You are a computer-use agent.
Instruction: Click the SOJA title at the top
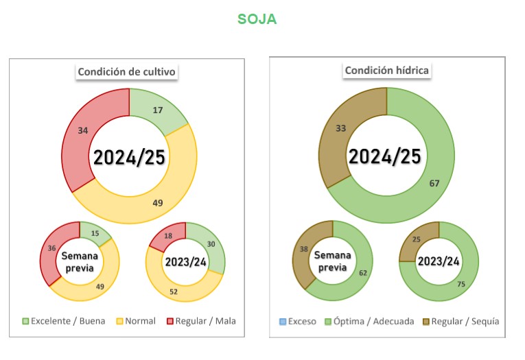pos(257,19)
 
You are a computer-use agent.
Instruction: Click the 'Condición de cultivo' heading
pos(127,72)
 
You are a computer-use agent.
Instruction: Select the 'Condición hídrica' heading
pos(387,71)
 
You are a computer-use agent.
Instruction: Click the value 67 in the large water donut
pos(433,182)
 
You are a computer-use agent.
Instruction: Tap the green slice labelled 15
pos(94,233)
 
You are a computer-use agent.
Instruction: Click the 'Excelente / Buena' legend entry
pos(64,321)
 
